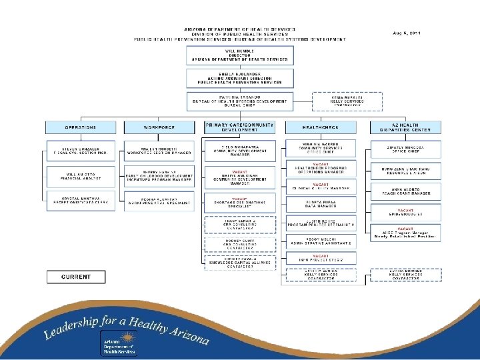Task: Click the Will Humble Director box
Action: point(239,55)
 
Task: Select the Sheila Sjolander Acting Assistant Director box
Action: point(239,78)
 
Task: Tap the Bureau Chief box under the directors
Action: point(239,101)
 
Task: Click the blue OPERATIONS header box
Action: point(80,127)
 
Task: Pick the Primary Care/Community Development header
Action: point(239,127)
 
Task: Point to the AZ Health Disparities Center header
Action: point(405,127)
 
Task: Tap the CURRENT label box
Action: point(76,277)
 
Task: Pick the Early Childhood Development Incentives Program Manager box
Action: point(159,174)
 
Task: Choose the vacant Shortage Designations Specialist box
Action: point(239,203)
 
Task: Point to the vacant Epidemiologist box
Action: point(405,212)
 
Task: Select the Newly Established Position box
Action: point(405,233)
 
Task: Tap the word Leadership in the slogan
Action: point(70,329)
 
